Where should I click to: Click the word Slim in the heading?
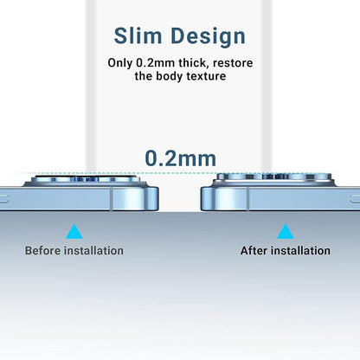(x=138, y=35)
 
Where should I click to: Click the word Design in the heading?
(x=208, y=37)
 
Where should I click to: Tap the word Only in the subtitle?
(x=120, y=63)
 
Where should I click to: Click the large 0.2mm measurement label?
(x=180, y=158)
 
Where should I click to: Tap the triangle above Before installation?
(x=74, y=232)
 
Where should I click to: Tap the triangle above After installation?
(x=286, y=232)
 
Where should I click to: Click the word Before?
(x=42, y=251)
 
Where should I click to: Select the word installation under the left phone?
(x=93, y=251)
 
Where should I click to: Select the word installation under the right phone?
(x=302, y=251)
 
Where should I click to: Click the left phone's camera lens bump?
(x=86, y=180)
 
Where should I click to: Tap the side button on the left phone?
(x=4, y=198)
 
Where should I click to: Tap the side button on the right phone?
(x=355, y=198)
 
